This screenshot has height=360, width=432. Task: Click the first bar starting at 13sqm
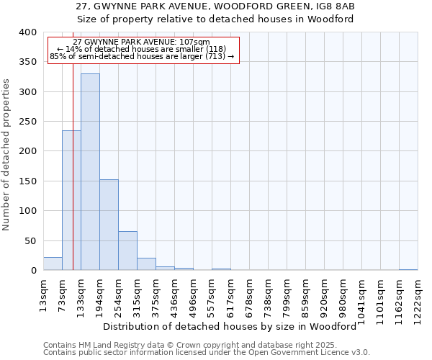pyautogui.click(x=53, y=264)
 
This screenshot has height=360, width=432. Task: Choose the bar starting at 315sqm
pyautogui.click(x=146, y=264)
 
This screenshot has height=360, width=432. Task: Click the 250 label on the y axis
pyautogui.click(x=27, y=122)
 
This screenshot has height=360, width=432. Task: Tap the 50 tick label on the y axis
pyautogui.click(x=30, y=240)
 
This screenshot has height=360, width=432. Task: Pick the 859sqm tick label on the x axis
pyautogui.click(x=305, y=299)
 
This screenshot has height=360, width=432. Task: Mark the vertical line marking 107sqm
pyautogui.click(x=73, y=180)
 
